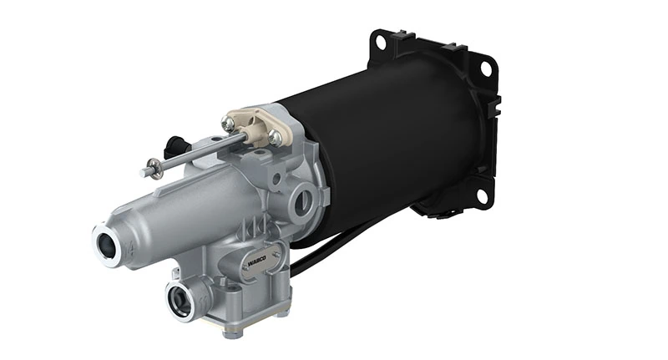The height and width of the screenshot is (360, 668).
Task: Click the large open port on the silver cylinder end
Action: click(109, 245)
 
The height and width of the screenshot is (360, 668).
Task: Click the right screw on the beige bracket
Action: click(275, 136)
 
